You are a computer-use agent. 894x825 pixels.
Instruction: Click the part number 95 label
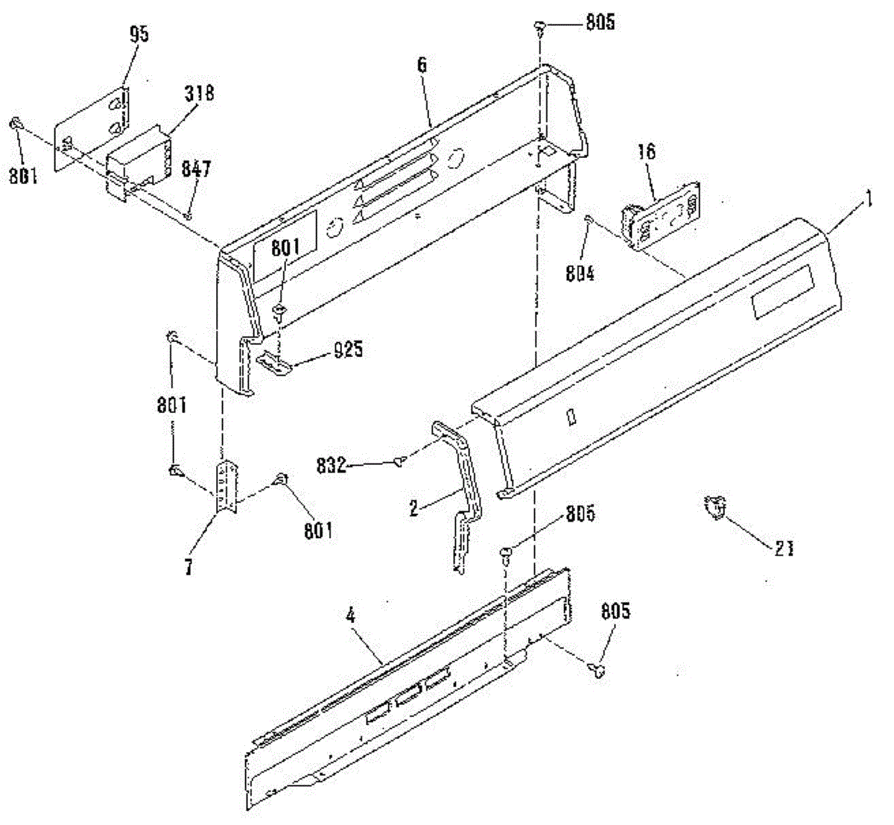click(x=139, y=35)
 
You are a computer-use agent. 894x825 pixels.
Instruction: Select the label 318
click(x=199, y=93)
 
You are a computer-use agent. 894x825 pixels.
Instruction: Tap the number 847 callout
click(x=197, y=168)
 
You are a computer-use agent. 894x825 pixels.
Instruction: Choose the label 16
click(x=647, y=152)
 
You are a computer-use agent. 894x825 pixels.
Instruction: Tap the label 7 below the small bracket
click(x=189, y=568)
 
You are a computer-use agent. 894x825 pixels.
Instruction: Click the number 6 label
click(x=422, y=65)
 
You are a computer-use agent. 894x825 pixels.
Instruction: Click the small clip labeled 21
click(x=716, y=509)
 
